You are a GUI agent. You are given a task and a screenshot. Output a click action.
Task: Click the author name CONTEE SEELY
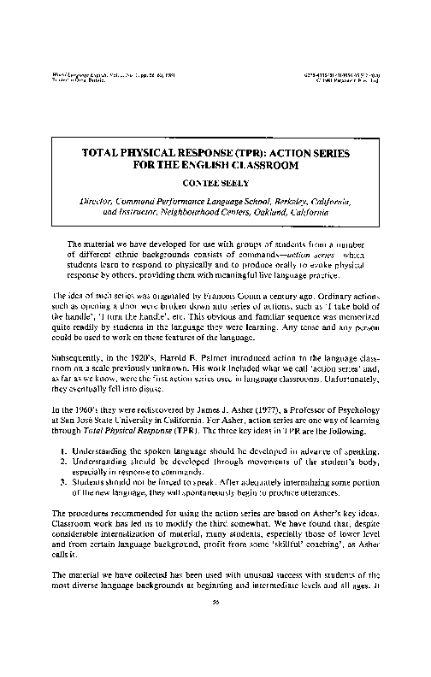(215, 181)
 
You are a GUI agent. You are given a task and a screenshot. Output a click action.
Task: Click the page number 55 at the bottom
(215, 648)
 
